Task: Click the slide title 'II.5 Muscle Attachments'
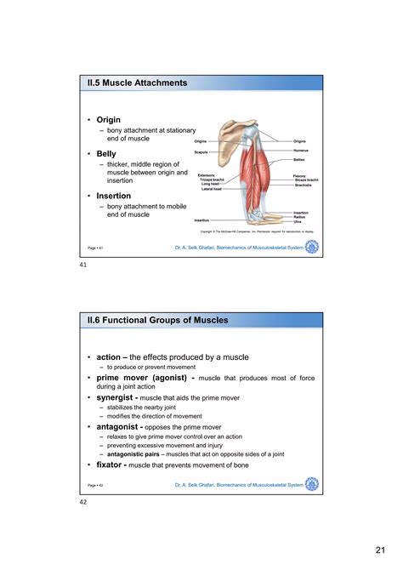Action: (x=137, y=83)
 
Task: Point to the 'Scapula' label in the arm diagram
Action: (x=201, y=151)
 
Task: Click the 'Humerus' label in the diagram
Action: (x=300, y=150)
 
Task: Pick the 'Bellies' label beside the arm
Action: (x=299, y=159)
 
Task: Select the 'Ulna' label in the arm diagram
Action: (x=298, y=222)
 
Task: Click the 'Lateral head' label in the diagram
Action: (x=212, y=188)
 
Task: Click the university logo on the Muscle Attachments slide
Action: (x=312, y=247)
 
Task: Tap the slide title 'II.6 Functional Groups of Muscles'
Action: (x=161, y=320)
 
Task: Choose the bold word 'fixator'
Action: (x=115, y=465)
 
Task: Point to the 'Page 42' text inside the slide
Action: (x=95, y=486)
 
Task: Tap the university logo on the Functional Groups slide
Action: (x=312, y=485)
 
